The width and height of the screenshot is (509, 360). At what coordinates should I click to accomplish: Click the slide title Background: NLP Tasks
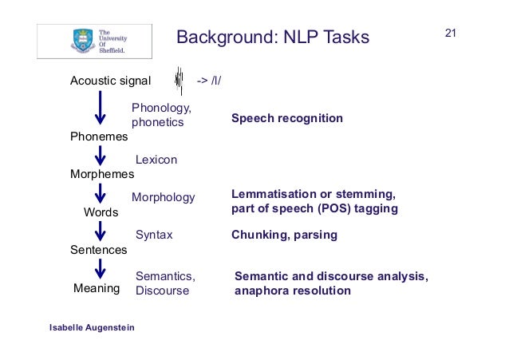(x=273, y=38)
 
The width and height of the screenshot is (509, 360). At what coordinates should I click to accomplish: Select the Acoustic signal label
(x=110, y=81)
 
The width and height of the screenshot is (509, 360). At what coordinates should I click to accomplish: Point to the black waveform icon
(x=179, y=81)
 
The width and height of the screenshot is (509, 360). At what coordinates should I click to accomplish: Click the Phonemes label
(x=99, y=137)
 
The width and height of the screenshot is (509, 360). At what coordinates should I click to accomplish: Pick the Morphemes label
(x=102, y=173)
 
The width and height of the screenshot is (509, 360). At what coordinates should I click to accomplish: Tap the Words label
(x=101, y=212)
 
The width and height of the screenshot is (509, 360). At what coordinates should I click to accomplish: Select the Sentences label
(x=99, y=250)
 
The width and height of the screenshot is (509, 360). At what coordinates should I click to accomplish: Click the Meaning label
(x=97, y=288)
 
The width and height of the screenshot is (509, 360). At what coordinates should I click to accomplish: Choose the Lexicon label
(x=156, y=160)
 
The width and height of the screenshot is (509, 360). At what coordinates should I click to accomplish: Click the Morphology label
(x=163, y=197)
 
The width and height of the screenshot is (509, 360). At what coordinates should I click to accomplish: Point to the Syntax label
(x=154, y=235)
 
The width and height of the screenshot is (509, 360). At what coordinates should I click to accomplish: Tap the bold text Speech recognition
(x=287, y=118)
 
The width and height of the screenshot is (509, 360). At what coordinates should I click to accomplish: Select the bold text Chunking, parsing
(x=284, y=235)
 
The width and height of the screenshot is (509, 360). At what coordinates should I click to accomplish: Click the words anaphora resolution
(x=293, y=291)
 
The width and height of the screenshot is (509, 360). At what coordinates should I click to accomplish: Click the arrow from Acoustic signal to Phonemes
(x=100, y=107)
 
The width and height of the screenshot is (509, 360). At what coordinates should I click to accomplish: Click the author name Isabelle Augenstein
(x=92, y=328)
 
